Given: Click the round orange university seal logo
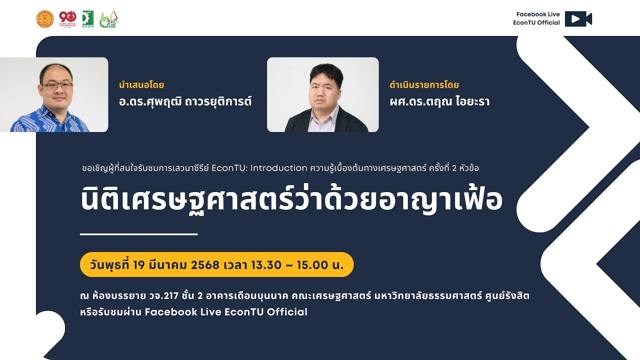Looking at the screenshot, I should coord(44,19).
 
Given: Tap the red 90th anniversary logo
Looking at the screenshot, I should coord(67,18).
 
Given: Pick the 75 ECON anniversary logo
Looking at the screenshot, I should coord(109,19).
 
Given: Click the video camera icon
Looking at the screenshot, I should coord(578,19).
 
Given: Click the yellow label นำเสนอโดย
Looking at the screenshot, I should coord(141,85).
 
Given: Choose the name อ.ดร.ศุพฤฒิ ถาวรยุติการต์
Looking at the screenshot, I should coord(185,102).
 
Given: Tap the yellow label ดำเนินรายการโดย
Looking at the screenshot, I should coord(424,85).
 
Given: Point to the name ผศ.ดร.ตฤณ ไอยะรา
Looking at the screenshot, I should coord(439,102).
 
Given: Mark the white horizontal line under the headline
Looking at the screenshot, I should coord(139,233).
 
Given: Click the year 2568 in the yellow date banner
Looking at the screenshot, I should coord(205,265).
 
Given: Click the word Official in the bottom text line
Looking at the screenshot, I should coord(287,312).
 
